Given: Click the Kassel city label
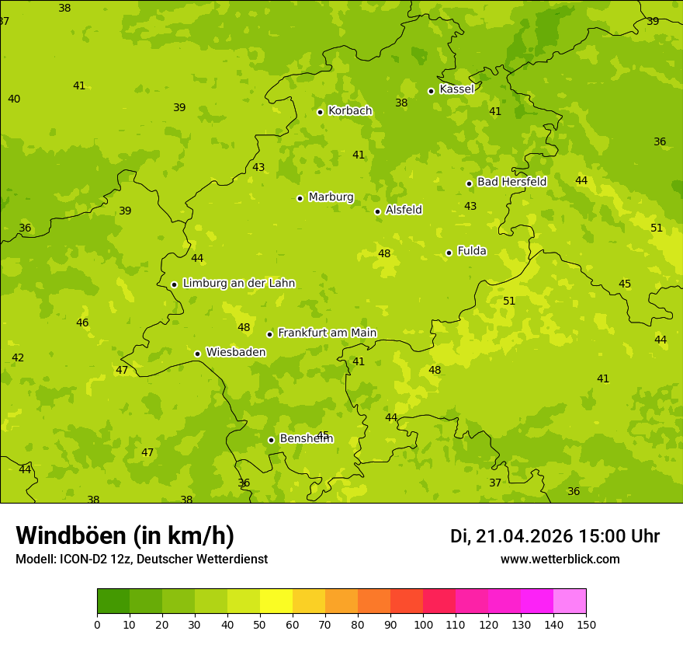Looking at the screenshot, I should (x=456, y=89).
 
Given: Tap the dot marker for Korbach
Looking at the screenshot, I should (x=320, y=112).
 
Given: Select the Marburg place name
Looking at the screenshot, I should (x=331, y=197).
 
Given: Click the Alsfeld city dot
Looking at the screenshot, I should (x=377, y=211).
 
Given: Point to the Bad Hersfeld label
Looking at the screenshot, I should (x=511, y=182).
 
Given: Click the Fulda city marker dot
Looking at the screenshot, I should (x=449, y=253).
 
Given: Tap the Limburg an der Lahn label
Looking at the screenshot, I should (x=238, y=284).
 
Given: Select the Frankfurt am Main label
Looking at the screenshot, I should (x=327, y=333).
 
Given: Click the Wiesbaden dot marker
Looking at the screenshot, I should (x=197, y=354).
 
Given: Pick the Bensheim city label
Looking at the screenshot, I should (x=306, y=439).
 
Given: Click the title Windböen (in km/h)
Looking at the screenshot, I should (x=125, y=535).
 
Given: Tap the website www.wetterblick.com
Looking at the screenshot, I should (x=560, y=560).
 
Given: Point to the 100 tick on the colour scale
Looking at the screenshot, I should (x=423, y=624).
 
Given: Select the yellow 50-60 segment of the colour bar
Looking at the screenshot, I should (x=276, y=601).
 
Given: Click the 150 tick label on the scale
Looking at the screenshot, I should (x=586, y=624).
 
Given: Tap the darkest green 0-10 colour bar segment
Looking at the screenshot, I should (x=113, y=601).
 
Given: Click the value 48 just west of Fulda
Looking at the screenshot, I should (x=384, y=253).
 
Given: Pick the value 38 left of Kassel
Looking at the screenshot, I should (x=401, y=103).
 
